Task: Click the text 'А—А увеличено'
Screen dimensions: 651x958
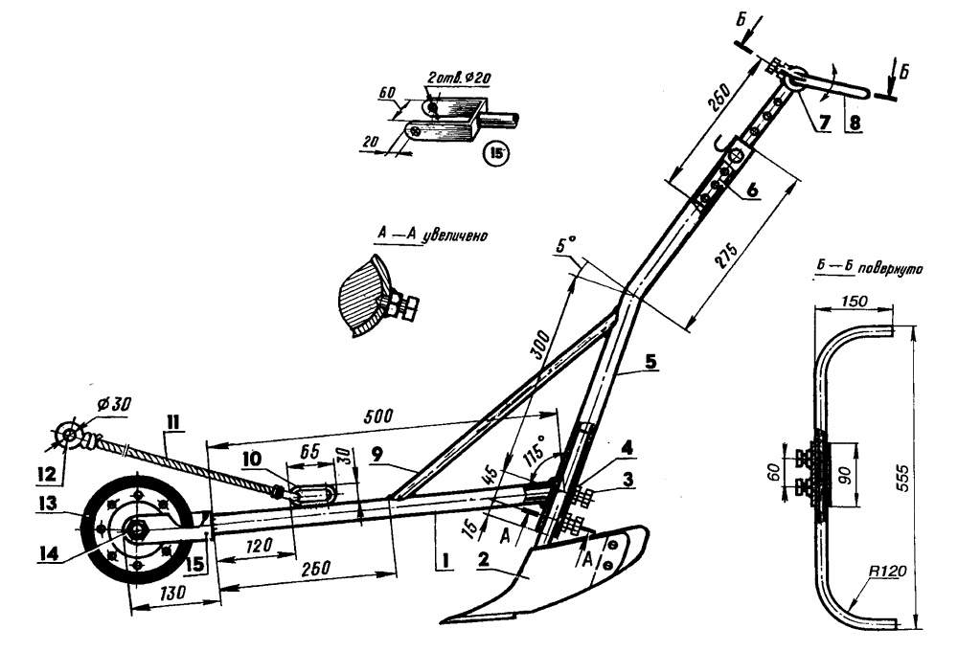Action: click(427, 233)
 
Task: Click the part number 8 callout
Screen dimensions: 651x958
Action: click(855, 123)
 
